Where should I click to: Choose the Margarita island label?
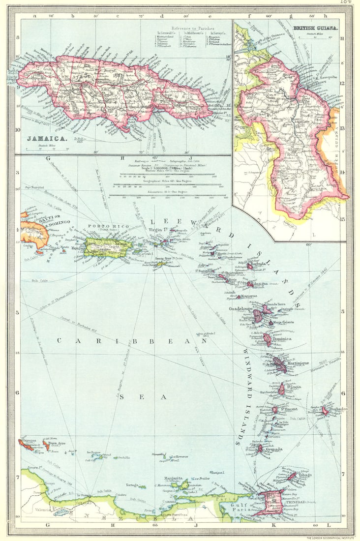pos(173,478)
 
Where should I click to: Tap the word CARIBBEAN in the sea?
pos(132,340)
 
